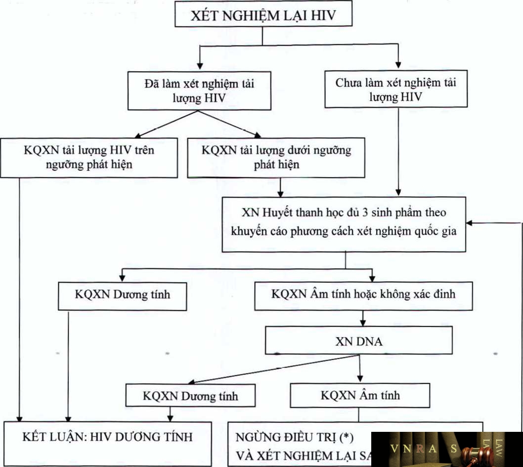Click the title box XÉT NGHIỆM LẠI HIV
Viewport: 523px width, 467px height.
[263, 15]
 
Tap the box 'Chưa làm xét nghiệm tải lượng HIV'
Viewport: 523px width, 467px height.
[395, 89]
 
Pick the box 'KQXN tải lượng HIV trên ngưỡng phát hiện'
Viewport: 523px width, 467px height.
[89, 157]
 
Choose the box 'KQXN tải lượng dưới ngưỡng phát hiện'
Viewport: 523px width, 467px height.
[276, 157]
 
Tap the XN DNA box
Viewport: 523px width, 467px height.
[359, 341]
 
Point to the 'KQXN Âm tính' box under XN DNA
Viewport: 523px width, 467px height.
[360, 395]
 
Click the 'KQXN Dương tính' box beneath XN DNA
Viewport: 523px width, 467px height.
[190, 396]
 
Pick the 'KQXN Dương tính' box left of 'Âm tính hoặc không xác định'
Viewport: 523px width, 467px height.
[123, 294]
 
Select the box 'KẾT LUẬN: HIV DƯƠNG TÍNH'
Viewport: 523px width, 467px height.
[107, 437]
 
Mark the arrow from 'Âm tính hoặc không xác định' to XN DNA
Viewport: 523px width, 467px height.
[363, 318]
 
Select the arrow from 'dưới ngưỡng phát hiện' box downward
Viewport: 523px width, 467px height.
[280, 187]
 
